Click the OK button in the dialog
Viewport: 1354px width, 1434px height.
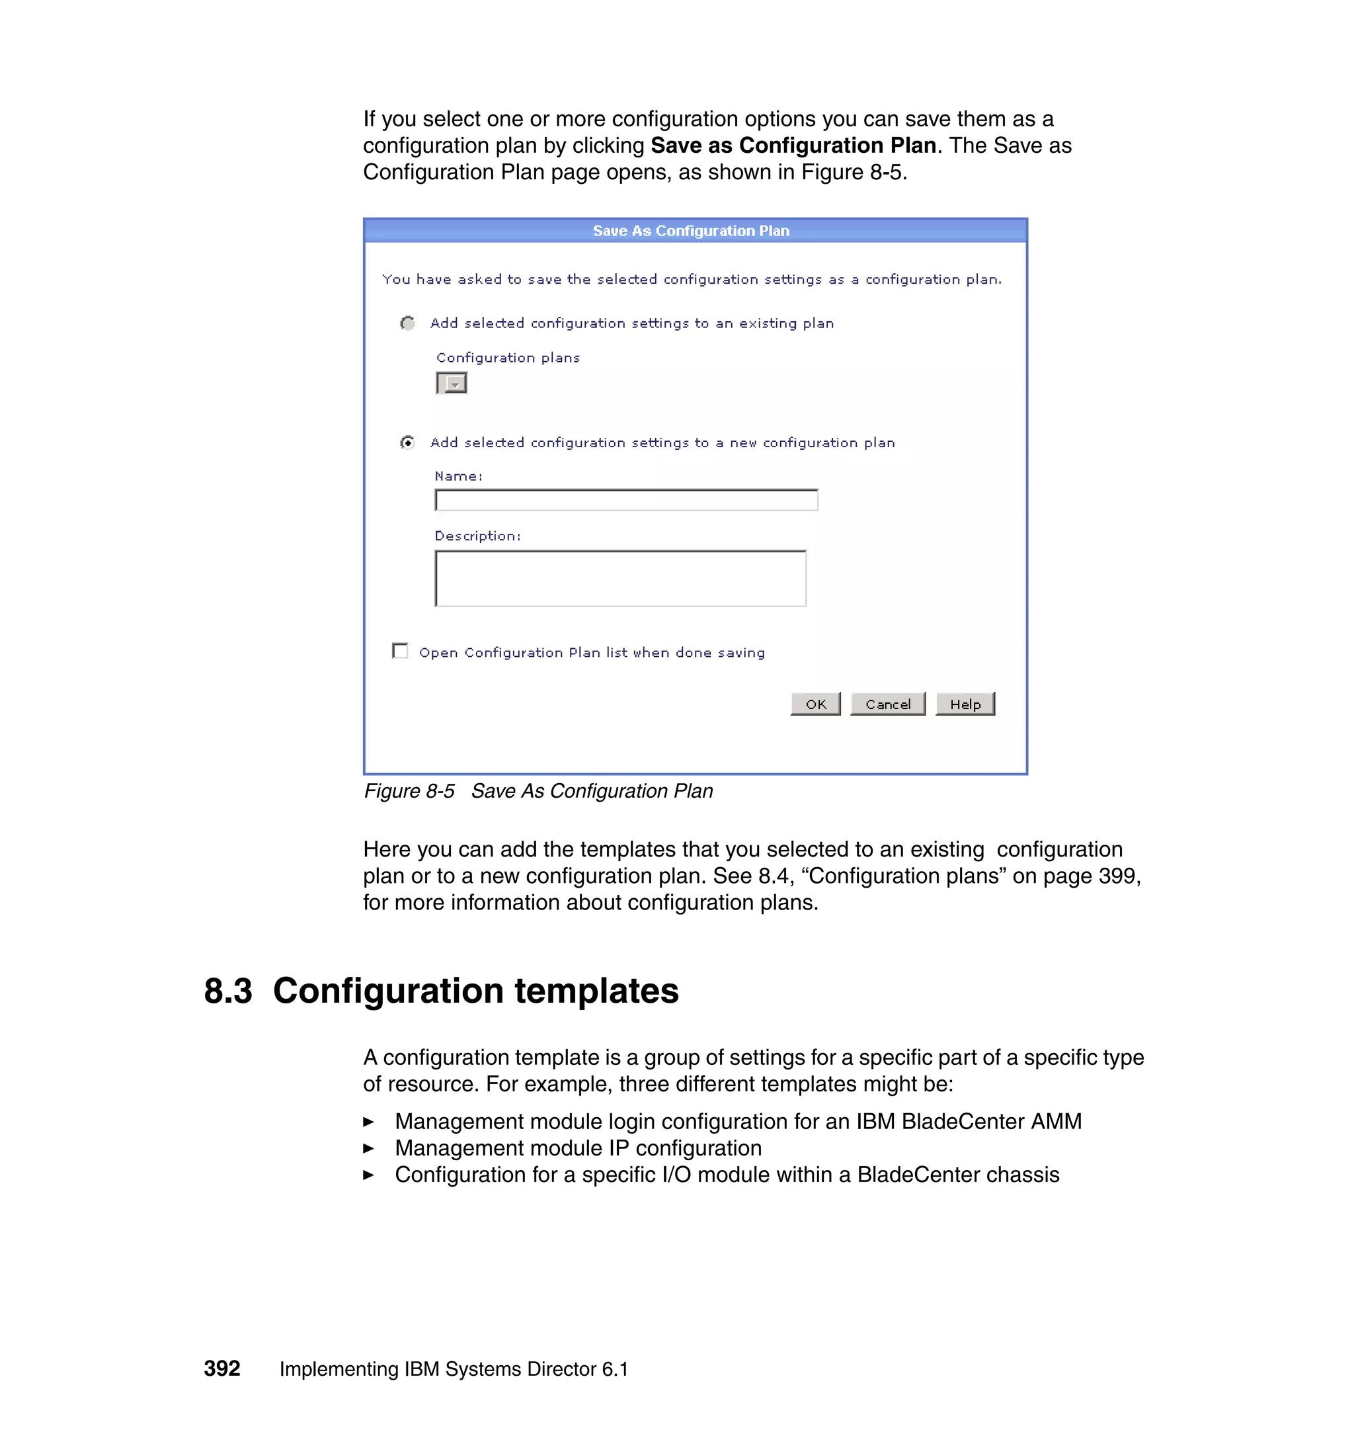tap(816, 704)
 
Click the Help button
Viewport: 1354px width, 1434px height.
tap(965, 704)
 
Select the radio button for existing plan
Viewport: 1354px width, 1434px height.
tap(408, 323)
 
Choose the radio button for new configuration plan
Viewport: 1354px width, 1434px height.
tap(408, 442)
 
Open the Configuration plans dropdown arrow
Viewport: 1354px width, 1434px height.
tap(455, 384)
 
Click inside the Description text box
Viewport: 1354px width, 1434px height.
tap(620, 578)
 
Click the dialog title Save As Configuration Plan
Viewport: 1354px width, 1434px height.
tap(691, 231)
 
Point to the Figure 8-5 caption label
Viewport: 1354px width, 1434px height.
tap(409, 791)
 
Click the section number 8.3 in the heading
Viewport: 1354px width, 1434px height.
tap(228, 991)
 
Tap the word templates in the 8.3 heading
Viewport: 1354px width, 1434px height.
tap(596, 991)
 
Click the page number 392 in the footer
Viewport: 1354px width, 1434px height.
tap(221, 1369)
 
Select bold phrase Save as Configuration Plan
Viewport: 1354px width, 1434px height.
tap(793, 146)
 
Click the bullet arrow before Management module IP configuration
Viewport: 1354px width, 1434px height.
tap(369, 1148)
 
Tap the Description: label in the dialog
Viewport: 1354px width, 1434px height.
tap(477, 536)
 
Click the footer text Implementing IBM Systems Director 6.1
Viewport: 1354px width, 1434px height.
tap(454, 1369)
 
